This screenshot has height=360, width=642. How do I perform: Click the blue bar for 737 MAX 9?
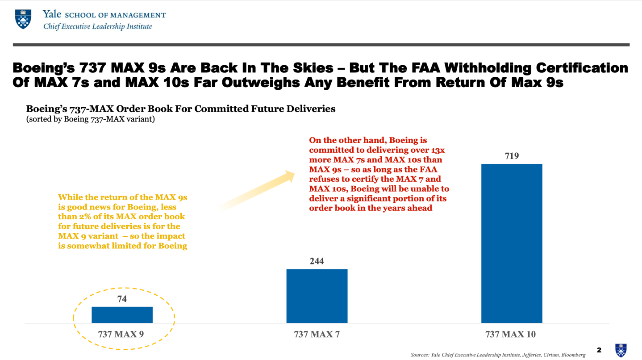(x=122, y=314)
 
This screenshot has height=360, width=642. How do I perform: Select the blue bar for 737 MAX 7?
(x=317, y=296)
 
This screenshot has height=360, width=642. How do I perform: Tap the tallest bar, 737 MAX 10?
(x=512, y=243)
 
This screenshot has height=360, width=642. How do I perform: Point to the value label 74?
(x=122, y=299)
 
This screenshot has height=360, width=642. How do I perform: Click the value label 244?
(x=317, y=261)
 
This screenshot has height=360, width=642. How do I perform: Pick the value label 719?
(x=512, y=156)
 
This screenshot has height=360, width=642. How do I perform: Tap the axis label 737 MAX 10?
(x=510, y=334)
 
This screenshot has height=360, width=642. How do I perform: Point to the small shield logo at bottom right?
(x=621, y=350)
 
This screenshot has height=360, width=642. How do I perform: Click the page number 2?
(x=599, y=350)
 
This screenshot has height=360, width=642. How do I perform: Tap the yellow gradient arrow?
(x=259, y=190)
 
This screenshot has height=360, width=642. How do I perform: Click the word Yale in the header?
(x=52, y=14)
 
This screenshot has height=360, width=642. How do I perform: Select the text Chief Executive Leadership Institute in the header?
(x=97, y=26)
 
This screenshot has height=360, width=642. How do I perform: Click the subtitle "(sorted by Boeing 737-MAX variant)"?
(x=91, y=119)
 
